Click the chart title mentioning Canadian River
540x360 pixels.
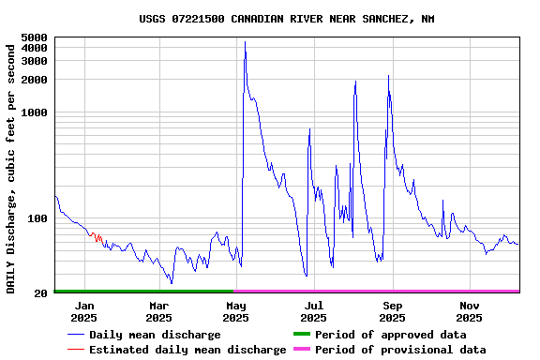[x=286, y=19]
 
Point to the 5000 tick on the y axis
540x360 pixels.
[x=34, y=37]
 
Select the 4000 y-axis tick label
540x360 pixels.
[x=34, y=48]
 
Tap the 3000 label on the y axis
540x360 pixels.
[x=34, y=61]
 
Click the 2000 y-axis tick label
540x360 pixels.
[x=34, y=80]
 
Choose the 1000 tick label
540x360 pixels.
[x=34, y=112]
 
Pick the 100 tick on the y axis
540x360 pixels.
[x=37, y=218]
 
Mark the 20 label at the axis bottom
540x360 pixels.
[x=40, y=293]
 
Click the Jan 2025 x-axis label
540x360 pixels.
[x=83, y=311]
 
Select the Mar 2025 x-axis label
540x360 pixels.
[x=158, y=311]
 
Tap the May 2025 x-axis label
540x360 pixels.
[x=236, y=311]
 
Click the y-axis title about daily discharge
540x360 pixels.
[x=11, y=166]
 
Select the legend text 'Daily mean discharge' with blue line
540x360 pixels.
[x=155, y=335]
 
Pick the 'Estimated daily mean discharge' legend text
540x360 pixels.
[x=187, y=350]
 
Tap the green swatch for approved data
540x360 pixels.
[x=301, y=335]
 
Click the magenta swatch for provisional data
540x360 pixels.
[x=301, y=350]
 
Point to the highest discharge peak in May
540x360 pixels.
[x=245, y=41]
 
